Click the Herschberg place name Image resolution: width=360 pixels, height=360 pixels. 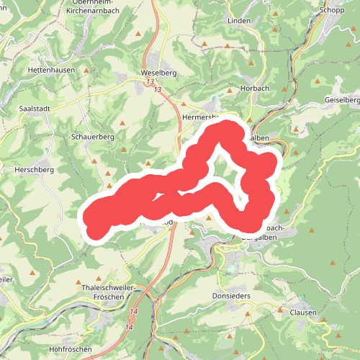tap(30, 170)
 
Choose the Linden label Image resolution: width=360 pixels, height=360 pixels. tap(239, 21)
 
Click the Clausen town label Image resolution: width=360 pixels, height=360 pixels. tap(302, 312)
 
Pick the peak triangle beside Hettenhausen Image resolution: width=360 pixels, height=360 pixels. tap(87, 71)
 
